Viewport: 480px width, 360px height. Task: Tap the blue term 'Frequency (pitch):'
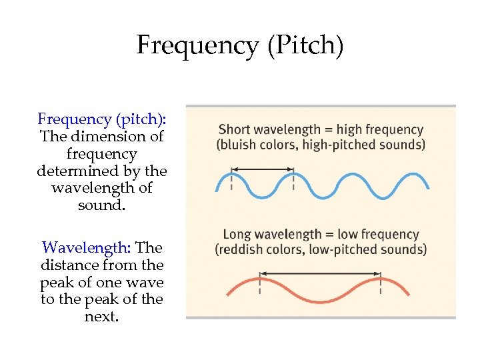[x=102, y=119]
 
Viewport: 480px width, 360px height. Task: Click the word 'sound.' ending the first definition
[x=102, y=205]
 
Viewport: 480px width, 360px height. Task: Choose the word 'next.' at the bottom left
[x=102, y=317]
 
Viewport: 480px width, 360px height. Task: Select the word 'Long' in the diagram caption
[x=237, y=235]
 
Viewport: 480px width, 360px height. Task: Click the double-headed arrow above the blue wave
[x=263, y=169]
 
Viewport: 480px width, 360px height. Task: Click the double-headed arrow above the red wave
[x=320, y=273]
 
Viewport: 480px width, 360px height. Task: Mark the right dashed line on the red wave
[x=381, y=284]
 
